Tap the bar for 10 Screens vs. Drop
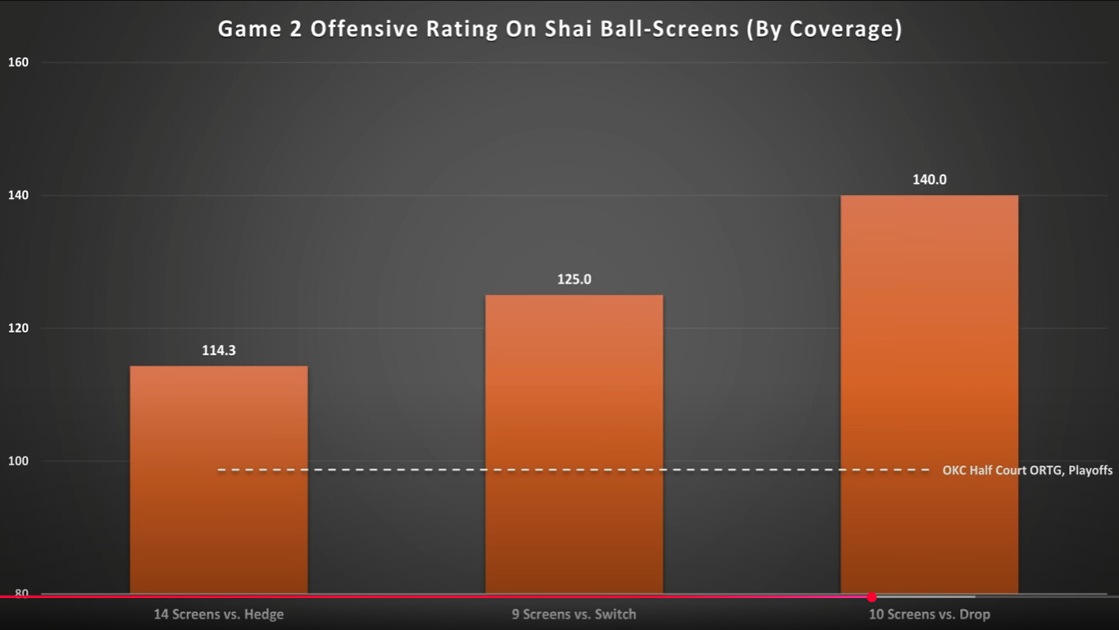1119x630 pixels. pyautogui.click(x=929, y=394)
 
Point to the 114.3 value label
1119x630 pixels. pyautogui.click(x=219, y=351)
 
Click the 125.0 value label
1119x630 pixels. pyautogui.click(x=574, y=279)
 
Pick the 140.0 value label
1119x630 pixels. pyautogui.click(x=929, y=179)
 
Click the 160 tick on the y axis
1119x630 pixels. pyautogui.click(x=17, y=62)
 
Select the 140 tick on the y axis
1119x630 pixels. pyautogui.click(x=17, y=196)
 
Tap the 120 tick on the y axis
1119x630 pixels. pyautogui.click(x=17, y=329)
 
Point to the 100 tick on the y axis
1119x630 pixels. pyautogui.click(x=17, y=461)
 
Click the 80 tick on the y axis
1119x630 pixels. pyautogui.click(x=21, y=592)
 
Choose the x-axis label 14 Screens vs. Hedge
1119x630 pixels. pyautogui.click(x=219, y=614)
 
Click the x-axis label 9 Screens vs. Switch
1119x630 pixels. pyautogui.click(x=574, y=614)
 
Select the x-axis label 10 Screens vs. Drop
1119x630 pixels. pyautogui.click(x=929, y=614)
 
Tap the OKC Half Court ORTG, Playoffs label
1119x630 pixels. pyautogui.click(x=1027, y=470)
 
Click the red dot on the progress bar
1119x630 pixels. pyautogui.click(x=871, y=597)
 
